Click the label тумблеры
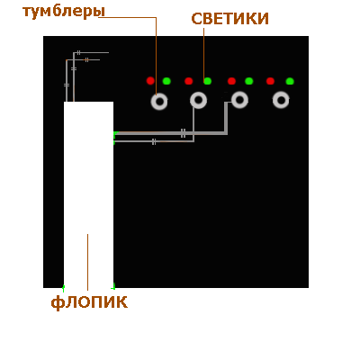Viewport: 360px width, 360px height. pos(64,12)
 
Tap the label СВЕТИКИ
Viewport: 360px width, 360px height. pos(229,19)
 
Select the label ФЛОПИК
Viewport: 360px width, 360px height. pos(89,302)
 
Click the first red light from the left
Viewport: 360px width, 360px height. pos(150,81)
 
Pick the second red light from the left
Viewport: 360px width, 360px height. pos(188,81)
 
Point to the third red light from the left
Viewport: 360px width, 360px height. pos(231,81)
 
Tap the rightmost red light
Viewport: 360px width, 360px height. pos(270,81)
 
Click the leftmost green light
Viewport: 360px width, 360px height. pos(166,81)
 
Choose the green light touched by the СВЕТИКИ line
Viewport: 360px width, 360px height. pos(207,81)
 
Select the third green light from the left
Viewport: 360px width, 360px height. pos(248,81)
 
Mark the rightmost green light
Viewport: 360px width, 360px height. pos(290,81)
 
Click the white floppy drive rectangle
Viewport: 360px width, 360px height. pos(88,195)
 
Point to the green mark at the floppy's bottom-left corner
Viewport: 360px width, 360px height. pos(63,288)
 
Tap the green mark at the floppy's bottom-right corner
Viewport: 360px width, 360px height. pos(113,286)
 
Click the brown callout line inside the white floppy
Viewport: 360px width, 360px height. pos(87,262)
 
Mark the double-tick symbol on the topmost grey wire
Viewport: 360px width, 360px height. pos(78,53)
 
